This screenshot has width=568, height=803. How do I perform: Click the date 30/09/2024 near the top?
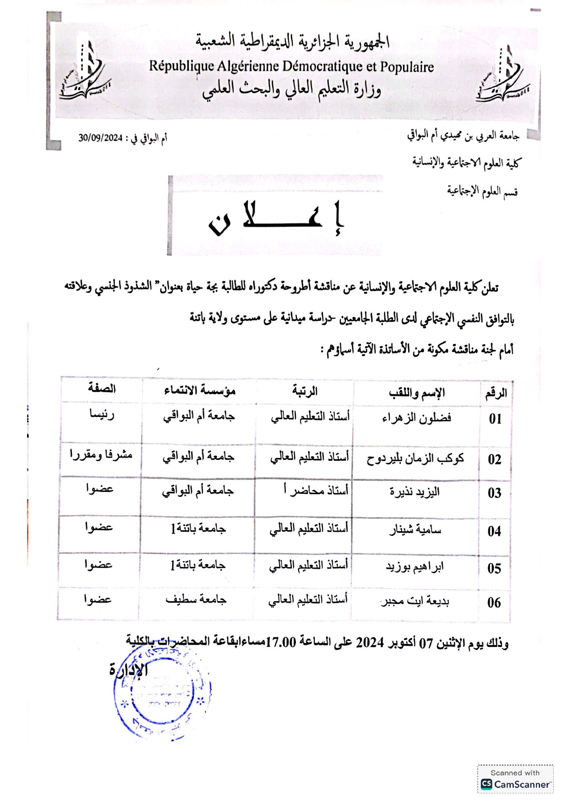pyautogui.click(x=100, y=138)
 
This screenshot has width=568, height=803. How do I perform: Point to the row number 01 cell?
pyautogui.click(x=495, y=419)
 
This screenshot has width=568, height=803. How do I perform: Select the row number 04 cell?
pyautogui.click(x=494, y=531)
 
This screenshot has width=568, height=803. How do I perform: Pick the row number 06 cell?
pyautogui.click(x=494, y=603)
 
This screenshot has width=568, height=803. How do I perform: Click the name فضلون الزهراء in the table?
pyautogui.click(x=416, y=418)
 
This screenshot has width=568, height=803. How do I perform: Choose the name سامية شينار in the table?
pyautogui.click(x=415, y=530)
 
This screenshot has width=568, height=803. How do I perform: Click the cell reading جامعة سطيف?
pyautogui.click(x=196, y=600)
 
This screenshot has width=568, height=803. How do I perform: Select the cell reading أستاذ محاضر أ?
pyautogui.click(x=316, y=490)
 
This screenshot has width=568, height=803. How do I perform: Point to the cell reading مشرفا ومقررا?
pyautogui.click(x=101, y=455)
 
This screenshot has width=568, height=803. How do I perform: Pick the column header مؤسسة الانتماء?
pyautogui.click(x=200, y=390)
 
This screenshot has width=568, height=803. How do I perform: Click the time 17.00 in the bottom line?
pyautogui.click(x=281, y=642)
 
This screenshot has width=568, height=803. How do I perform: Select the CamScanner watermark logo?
pyautogui.click(x=515, y=784)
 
